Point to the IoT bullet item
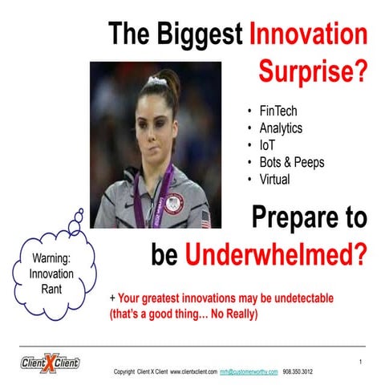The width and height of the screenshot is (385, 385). (267, 145)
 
